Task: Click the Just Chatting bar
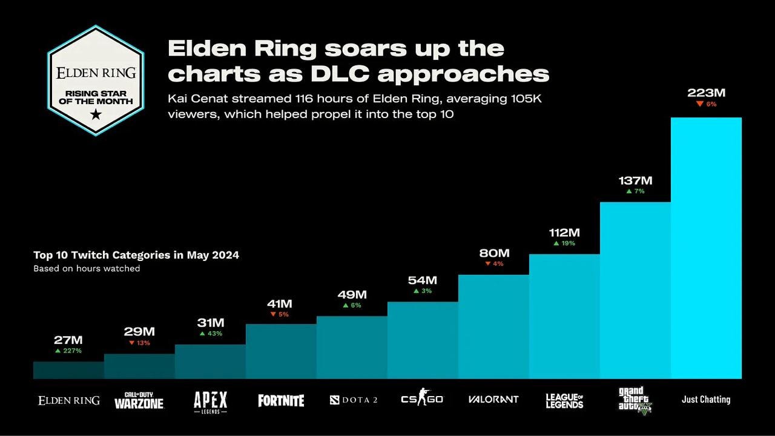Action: click(x=706, y=248)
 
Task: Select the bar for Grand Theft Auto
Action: click(x=635, y=291)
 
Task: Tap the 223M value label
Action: click(x=706, y=93)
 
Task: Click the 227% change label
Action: click(x=68, y=351)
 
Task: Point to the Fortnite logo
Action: click(x=281, y=400)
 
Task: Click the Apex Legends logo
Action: click(x=210, y=401)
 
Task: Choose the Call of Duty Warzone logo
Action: click(x=139, y=400)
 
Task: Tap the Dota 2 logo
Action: click(x=354, y=400)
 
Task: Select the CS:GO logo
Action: click(x=422, y=399)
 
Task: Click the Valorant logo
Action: click(x=493, y=400)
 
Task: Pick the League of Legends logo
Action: click(x=564, y=400)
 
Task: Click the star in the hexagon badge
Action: click(x=96, y=113)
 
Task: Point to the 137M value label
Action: click(x=635, y=180)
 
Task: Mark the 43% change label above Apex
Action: click(x=211, y=334)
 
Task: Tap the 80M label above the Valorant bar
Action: click(x=493, y=253)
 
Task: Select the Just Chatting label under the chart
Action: click(x=706, y=400)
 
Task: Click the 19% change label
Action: click(x=564, y=243)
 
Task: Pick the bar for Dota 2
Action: click(x=352, y=348)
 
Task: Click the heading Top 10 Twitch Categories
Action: click(x=136, y=255)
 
